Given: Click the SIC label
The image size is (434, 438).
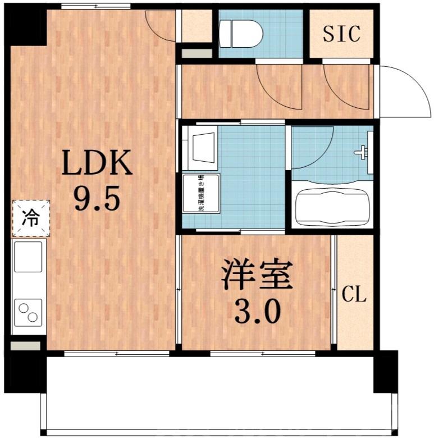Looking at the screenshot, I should pyautogui.click(x=341, y=34).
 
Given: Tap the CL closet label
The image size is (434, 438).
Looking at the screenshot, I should pyautogui.click(x=354, y=294).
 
